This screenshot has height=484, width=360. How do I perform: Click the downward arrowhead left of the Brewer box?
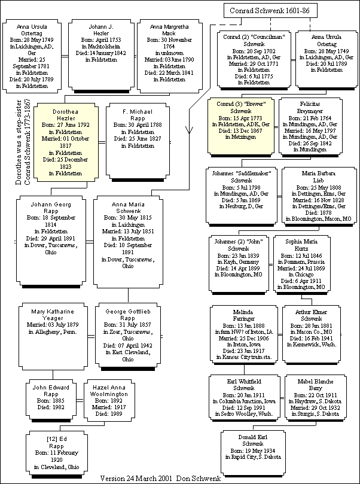coord(190,130)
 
